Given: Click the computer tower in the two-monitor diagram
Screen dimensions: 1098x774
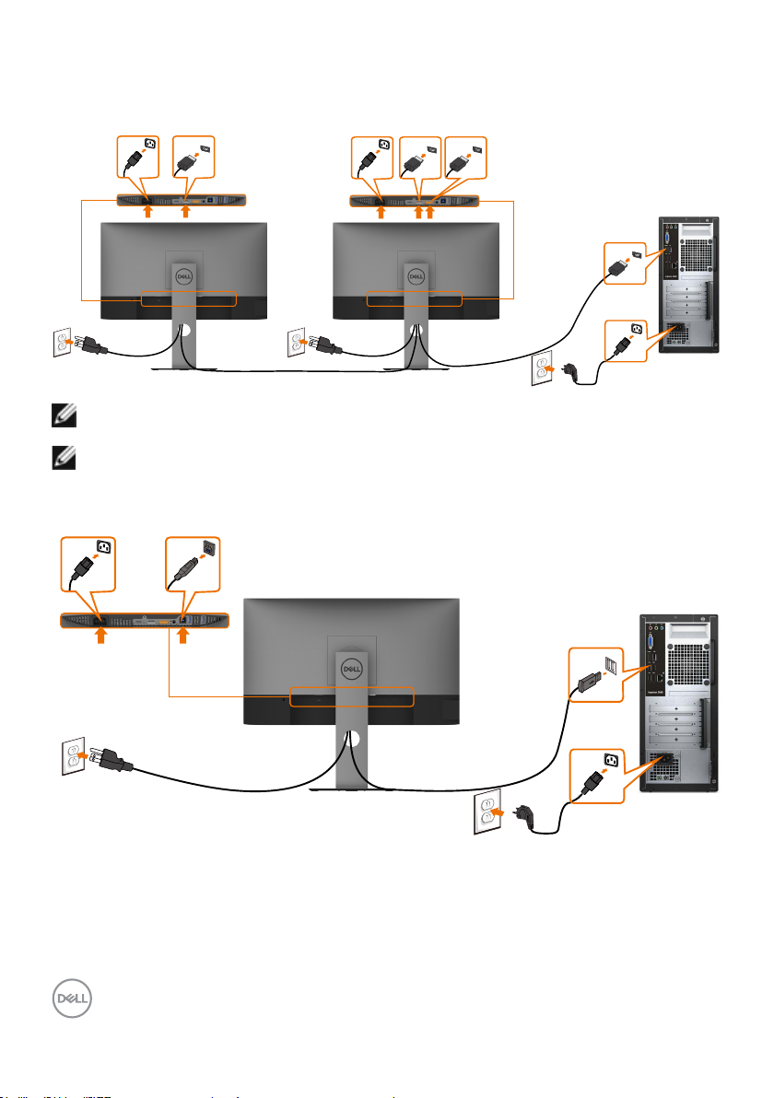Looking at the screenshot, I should (686, 285).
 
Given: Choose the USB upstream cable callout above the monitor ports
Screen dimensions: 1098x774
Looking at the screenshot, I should (190, 564).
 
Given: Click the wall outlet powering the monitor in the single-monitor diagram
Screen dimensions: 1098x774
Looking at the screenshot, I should (74, 757).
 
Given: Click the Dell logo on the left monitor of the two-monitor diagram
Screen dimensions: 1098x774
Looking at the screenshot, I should (182, 274).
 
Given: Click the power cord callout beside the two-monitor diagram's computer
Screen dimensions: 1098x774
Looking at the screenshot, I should (627, 341).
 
